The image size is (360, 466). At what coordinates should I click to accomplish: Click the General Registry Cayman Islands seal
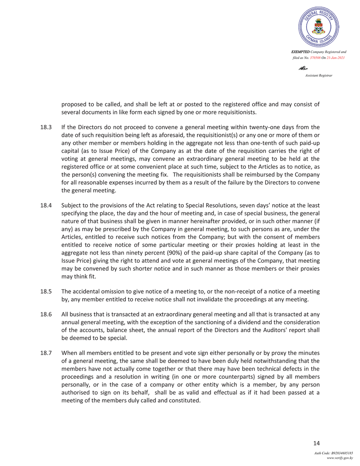[318, 28]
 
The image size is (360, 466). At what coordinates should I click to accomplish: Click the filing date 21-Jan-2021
[336, 57]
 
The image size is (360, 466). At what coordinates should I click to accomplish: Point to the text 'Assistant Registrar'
[318, 75]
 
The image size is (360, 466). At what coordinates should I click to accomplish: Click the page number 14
[316, 443]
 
